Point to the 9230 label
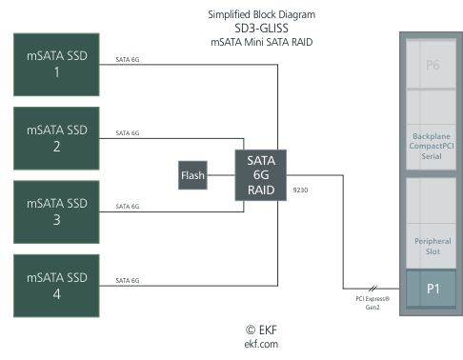301,189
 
